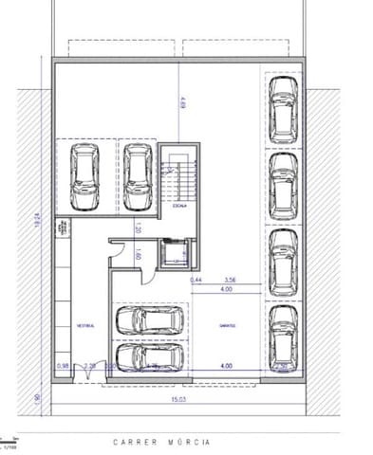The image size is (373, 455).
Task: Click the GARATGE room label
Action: [226, 325]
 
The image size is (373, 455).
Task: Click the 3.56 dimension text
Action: [229, 281]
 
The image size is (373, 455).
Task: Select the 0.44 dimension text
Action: [196, 281]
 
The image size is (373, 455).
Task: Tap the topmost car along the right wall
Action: [282, 103]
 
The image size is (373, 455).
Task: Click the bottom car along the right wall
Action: [282, 334]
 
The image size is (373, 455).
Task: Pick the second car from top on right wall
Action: [282, 181]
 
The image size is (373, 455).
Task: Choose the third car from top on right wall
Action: [282, 258]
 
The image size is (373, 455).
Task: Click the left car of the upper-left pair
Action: [85, 176]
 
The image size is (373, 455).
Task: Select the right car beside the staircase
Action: [138, 176]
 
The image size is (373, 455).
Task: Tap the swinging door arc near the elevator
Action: [117, 249]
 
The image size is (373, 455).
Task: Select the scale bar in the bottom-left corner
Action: [9, 441]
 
